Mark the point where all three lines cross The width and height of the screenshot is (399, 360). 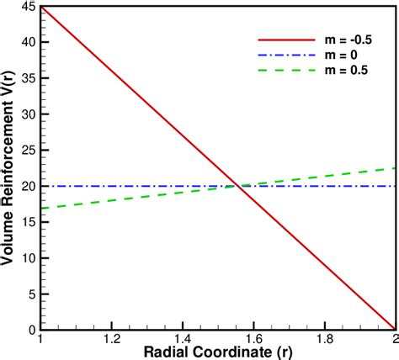(x=239, y=185)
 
